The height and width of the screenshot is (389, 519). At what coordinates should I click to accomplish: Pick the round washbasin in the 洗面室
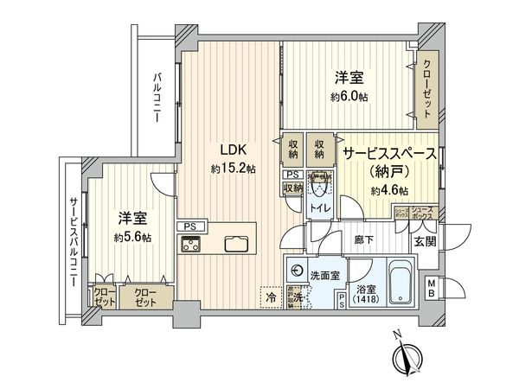298,269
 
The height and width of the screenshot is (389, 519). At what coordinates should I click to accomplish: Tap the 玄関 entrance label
425,241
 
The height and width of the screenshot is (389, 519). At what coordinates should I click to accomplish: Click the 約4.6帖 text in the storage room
391,190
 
